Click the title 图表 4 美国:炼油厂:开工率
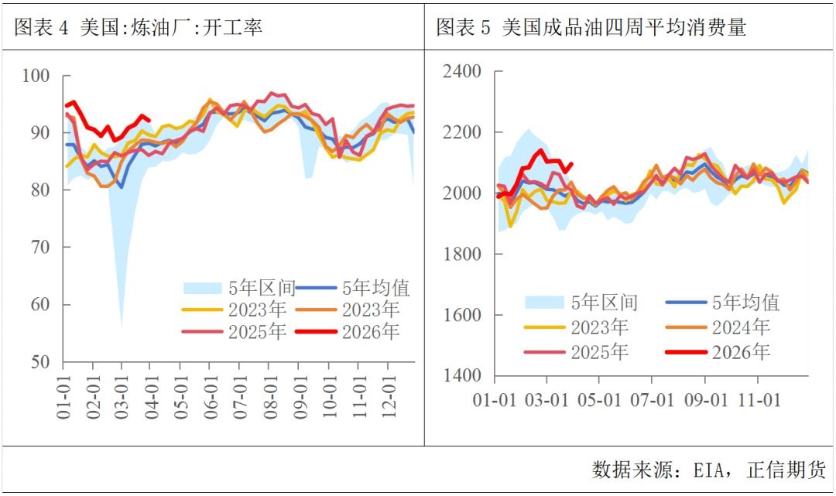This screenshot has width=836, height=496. [139, 27]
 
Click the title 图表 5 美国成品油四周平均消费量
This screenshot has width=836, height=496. [591, 27]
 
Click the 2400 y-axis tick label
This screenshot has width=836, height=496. [461, 72]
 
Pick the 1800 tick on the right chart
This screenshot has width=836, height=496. [461, 255]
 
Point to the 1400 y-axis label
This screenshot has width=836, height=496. [461, 377]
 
